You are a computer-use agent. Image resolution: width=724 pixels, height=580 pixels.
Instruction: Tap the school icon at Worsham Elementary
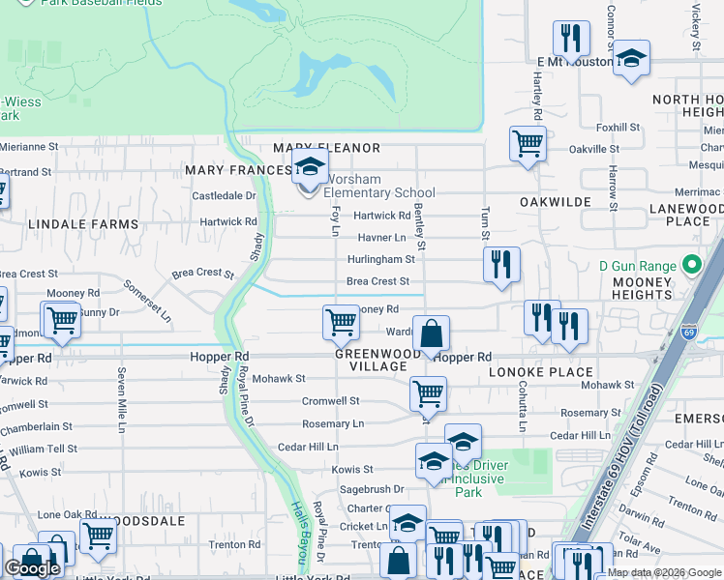point(310,168)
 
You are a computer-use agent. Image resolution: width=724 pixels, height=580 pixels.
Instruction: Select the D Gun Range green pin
point(691,265)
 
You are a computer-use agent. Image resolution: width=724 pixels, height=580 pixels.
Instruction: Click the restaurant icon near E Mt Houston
point(571,39)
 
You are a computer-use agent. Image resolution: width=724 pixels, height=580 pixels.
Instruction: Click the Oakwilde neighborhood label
point(555,202)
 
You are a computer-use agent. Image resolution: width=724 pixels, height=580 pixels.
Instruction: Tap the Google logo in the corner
point(32,568)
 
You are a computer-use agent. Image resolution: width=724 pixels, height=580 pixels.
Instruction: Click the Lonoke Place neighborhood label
point(540,372)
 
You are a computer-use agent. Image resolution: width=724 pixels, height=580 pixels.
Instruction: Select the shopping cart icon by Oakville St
point(528,143)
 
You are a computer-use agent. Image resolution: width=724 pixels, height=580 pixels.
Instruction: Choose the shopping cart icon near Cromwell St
point(428,393)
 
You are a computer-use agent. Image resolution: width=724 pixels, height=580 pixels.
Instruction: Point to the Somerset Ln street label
point(146,301)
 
